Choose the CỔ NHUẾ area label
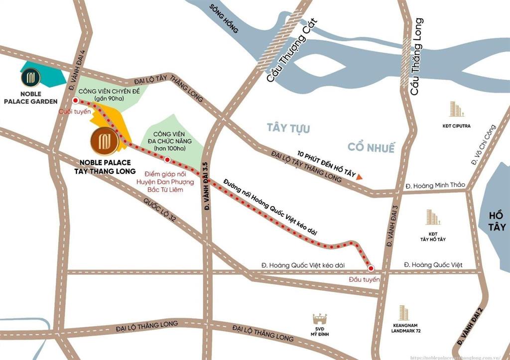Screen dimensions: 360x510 point(371,148)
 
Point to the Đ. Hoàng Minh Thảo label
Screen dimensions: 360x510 point(435,185)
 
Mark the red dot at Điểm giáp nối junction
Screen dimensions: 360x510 point(167,160)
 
